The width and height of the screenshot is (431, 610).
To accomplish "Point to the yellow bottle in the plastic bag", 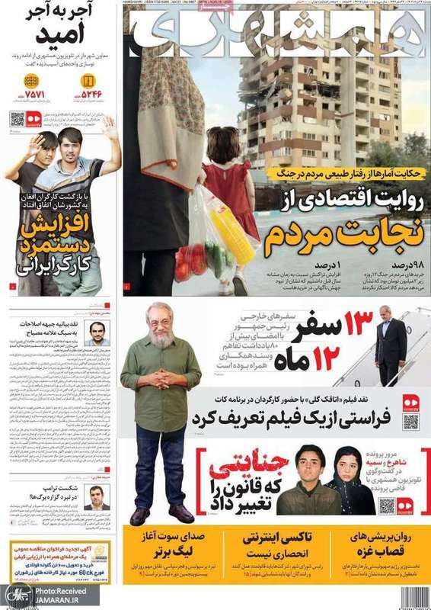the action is (225, 229).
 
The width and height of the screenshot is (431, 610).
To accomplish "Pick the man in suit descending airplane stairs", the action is (389, 347).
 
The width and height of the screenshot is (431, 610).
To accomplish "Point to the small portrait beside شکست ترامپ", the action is (97, 496).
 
